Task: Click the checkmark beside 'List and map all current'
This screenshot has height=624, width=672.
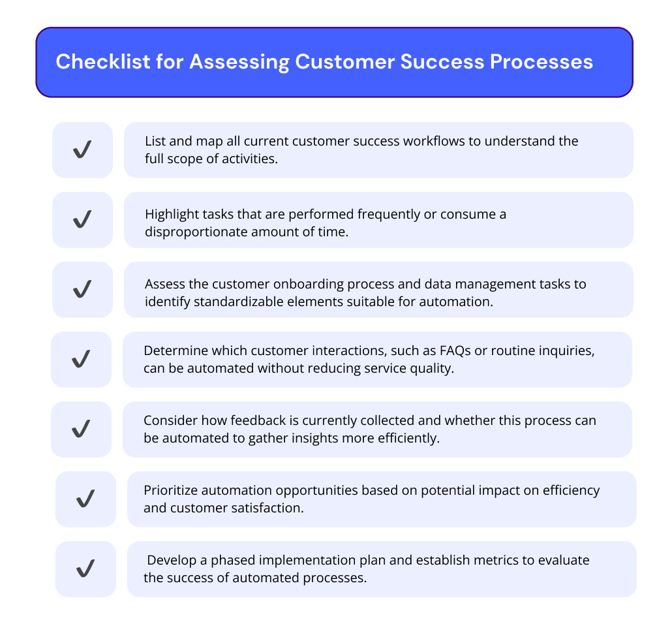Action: point(82,150)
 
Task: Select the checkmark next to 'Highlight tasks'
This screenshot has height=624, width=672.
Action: point(82,220)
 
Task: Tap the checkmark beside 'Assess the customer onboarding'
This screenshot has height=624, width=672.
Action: point(82,289)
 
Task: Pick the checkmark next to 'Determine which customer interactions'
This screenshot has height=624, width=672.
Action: point(81,359)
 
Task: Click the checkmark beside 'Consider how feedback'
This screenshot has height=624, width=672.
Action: point(81,429)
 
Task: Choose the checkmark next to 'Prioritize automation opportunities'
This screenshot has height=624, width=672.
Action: point(85,499)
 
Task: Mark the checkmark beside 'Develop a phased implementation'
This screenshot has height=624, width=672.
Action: point(85,569)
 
